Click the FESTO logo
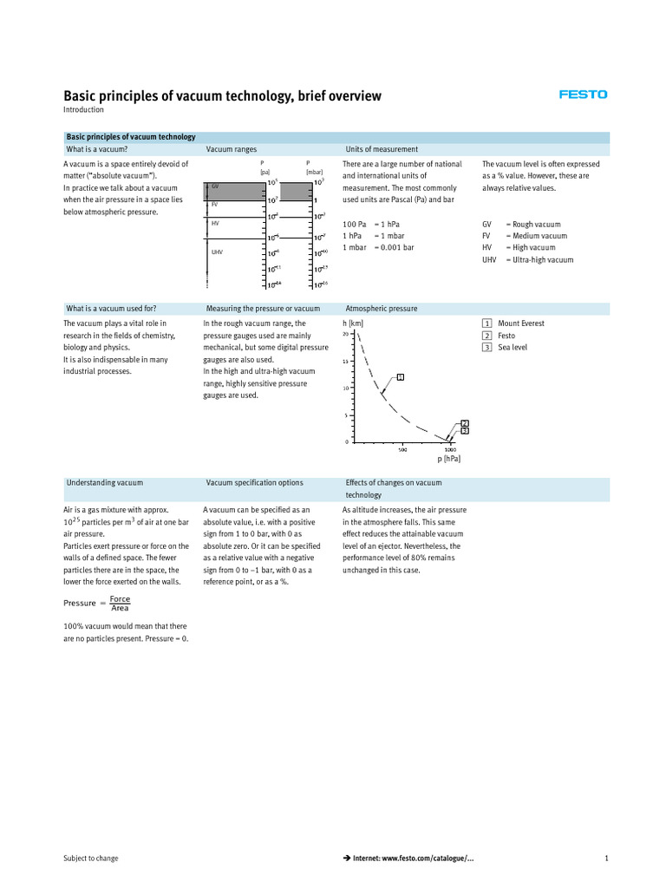click(583, 95)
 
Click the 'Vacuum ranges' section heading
click(231, 149)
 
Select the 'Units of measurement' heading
click(382, 149)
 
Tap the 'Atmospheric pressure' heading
click(381, 308)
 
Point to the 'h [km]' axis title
click(353, 323)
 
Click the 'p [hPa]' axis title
click(448, 459)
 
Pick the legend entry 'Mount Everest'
click(520, 323)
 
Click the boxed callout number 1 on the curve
click(400, 376)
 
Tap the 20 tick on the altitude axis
click(345, 334)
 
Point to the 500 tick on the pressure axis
click(402, 449)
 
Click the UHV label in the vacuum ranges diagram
click(217, 252)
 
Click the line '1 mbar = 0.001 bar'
click(378, 247)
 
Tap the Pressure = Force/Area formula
click(96, 603)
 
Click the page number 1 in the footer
click(606, 859)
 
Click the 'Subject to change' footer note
click(91, 859)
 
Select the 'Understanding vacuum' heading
click(104, 482)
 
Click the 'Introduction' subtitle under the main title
click(83, 110)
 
